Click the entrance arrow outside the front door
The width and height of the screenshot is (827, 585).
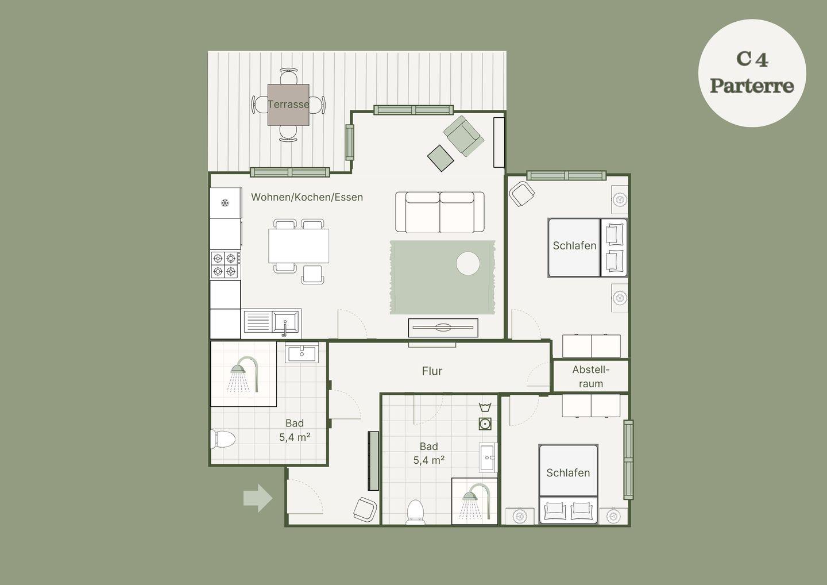point(258,498)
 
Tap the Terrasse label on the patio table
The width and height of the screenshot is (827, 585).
point(288,105)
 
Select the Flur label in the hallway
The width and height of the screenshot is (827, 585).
point(432,371)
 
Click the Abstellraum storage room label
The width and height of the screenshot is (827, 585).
point(591,376)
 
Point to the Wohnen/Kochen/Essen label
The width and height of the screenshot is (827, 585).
point(307,197)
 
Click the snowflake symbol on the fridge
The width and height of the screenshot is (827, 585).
point(225,203)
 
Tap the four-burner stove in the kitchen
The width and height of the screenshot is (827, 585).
point(225,264)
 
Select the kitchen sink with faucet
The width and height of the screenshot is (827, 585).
point(272,322)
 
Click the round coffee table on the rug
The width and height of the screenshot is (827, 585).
point(467,263)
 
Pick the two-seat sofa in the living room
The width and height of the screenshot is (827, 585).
point(440,212)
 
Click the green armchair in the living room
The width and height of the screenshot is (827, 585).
point(463,136)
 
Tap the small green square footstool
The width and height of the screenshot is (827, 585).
point(440,158)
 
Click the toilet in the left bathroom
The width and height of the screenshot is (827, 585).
point(223,439)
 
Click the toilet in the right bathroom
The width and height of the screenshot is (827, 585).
point(415,512)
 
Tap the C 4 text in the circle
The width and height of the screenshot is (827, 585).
point(752,59)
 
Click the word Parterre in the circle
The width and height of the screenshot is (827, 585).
point(752,86)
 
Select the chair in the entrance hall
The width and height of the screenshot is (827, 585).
point(365,509)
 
